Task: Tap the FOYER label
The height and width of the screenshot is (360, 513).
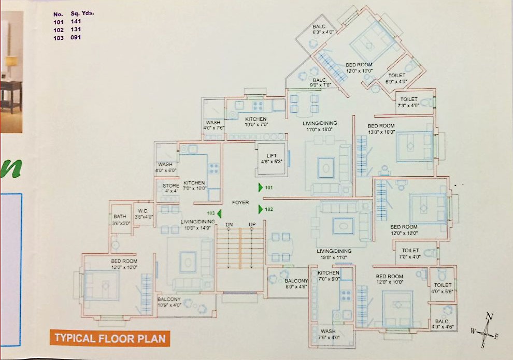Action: (240, 203)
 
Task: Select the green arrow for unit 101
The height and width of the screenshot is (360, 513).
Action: (261, 188)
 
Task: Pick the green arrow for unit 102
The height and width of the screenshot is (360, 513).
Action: (261, 209)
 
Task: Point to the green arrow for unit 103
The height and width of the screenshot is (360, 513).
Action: (219, 213)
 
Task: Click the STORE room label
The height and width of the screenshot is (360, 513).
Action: (171, 185)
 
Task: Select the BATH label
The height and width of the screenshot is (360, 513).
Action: (120, 217)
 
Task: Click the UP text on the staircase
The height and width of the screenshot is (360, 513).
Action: (252, 224)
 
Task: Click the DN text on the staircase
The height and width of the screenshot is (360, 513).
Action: (229, 224)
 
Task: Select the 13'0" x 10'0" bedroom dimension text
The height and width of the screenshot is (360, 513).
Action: (381, 132)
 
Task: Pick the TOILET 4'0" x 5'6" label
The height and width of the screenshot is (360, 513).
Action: (443, 289)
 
